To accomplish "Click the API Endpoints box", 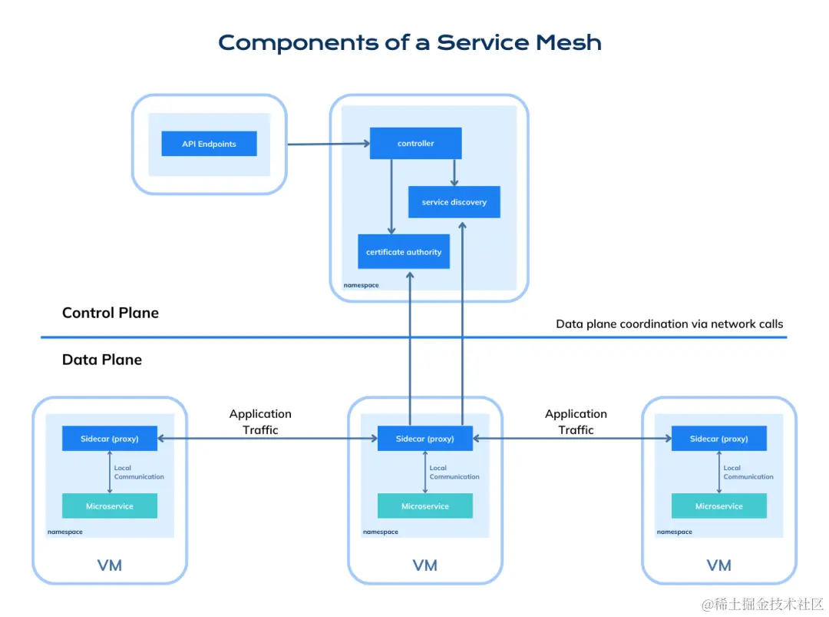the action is click(209, 144).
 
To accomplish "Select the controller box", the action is click(415, 143).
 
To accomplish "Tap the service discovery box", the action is click(454, 201).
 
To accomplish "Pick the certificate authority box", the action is click(404, 251).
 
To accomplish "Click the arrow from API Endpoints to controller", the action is click(329, 144).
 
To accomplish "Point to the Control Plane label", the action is click(111, 313).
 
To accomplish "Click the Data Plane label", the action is click(102, 360).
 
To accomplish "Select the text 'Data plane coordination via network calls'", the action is click(669, 323).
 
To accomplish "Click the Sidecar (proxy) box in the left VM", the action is click(110, 438).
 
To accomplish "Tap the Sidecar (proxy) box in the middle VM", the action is click(425, 438).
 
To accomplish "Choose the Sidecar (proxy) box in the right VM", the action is click(719, 438).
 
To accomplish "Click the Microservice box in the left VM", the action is click(110, 506).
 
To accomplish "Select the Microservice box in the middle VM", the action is click(425, 506).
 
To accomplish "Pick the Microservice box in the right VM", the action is click(719, 506).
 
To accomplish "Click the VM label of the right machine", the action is click(719, 566).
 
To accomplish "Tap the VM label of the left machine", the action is click(110, 566).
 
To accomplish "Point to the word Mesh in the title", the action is click(569, 42).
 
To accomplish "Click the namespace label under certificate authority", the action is click(361, 285).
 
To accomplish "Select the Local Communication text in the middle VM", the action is click(454, 472).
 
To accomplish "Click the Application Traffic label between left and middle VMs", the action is click(260, 422).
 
